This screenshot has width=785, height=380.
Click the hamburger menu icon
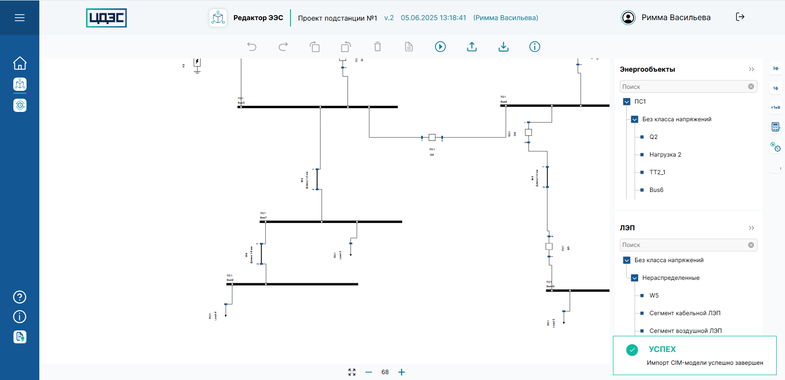pyautogui.click(x=20, y=18)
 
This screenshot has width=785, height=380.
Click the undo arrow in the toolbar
pyautogui.click(x=252, y=47)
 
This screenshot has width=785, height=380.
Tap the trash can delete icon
pyautogui.click(x=378, y=47)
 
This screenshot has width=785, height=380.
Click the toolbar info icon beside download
pyautogui.click(x=534, y=47)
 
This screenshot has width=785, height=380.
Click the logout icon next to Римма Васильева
pyautogui.click(x=740, y=17)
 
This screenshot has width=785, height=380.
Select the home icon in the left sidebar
pyautogui.click(x=20, y=63)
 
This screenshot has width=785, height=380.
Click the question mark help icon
pyautogui.click(x=20, y=297)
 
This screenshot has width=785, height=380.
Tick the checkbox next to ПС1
pyautogui.click(x=627, y=102)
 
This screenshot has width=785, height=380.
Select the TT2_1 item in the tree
pyautogui.click(x=657, y=172)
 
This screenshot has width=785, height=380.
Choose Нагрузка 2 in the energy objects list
pyautogui.click(x=665, y=155)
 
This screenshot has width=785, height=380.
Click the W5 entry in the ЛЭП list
pyautogui.click(x=654, y=296)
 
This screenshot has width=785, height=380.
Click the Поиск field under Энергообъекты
pyautogui.click(x=683, y=87)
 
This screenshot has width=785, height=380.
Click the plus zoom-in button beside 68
pyautogui.click(x=402, y=372)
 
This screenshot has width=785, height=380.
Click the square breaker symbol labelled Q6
pyautogui.click(x=432, y=137)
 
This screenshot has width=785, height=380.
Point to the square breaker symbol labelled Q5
pyautogui.click(x=549, y=246)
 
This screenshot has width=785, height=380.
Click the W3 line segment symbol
pyautogui.click(x=317, y=179)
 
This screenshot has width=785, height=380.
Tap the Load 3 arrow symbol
pyautogui.click(x=350, y=249)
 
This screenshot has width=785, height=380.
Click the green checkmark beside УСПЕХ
pyautogui.click(x=632, y=350)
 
